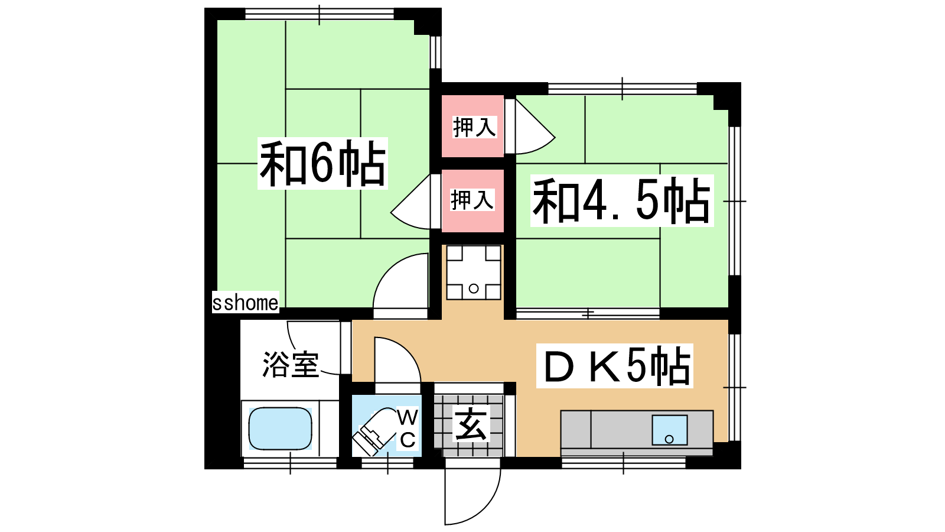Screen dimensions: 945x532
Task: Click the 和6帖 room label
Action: (322, 163)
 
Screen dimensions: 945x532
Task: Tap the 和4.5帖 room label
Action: (621, 200)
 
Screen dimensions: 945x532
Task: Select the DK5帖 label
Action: (615, 366)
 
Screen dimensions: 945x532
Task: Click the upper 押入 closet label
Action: (474, 127)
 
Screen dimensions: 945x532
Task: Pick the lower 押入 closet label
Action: (472, 200)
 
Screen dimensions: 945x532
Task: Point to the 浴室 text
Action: (290, 364)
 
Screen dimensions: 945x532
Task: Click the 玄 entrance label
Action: (471, 424)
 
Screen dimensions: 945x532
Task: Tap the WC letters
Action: (408, 429)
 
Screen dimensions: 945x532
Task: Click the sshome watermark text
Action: (245, 302)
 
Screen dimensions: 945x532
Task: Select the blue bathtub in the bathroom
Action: (280, 429)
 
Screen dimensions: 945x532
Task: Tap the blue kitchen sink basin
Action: (670, 430)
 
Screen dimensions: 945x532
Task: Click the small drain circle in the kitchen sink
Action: (669, 440)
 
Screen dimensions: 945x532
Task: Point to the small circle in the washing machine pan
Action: (474, 289)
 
